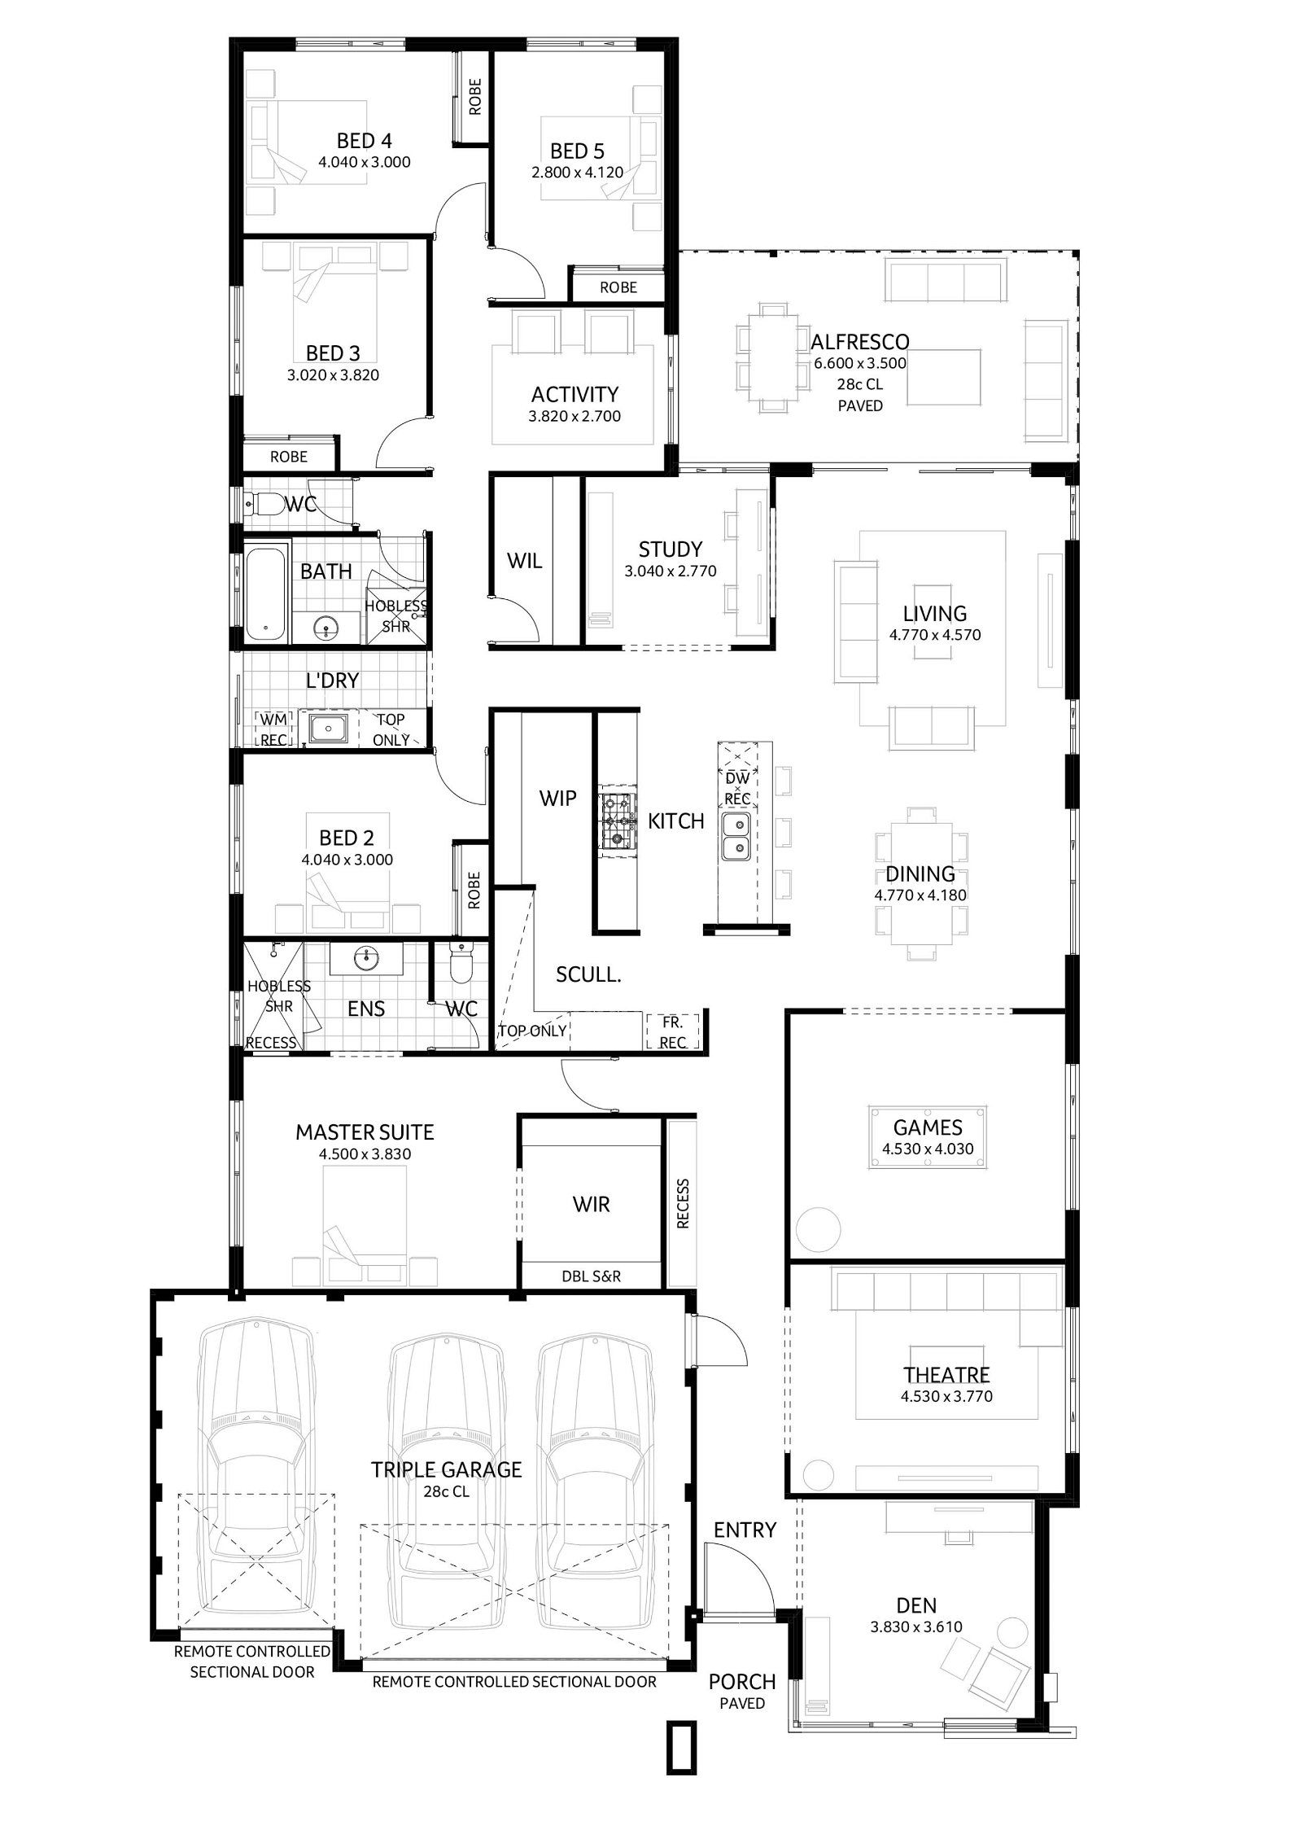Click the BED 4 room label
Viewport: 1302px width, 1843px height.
[364, 142]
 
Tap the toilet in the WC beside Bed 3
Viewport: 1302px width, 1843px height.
[264, 505]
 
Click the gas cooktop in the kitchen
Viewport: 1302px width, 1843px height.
[614, 821]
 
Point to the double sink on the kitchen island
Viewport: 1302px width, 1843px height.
[736, 838]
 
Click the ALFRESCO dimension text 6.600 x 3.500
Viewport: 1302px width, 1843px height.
[860, 363]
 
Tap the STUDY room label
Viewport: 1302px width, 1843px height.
[670, 549]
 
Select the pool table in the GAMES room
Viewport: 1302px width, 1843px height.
[928, 1137]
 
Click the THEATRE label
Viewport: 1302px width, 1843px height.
[946, 1375]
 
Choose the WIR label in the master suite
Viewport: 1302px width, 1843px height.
[591, 1204]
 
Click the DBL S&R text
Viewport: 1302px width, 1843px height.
[591, 1276]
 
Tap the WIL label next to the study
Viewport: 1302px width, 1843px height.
[524, 561]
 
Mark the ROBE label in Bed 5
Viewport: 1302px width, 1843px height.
[618, 287]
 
